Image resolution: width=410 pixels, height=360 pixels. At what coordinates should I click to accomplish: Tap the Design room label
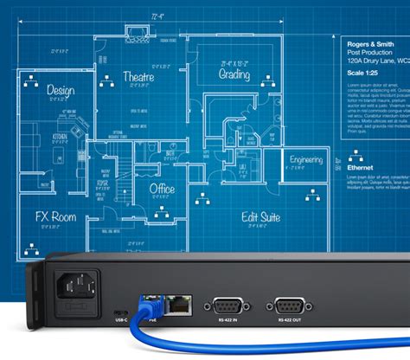61,89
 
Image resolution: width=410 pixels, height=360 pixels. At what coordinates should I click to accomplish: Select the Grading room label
234,75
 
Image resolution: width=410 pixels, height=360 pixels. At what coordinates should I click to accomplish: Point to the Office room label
162,190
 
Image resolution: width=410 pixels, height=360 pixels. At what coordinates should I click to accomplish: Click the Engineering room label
305,160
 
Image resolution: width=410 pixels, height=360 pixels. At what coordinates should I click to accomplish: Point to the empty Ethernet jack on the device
180,304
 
